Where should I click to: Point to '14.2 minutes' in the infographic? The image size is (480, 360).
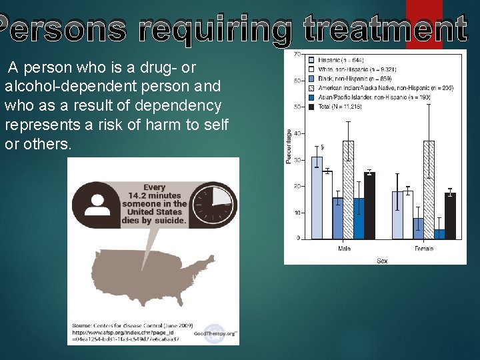[155, 196]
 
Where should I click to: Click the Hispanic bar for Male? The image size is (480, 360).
[317, 197]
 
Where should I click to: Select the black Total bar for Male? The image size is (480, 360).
[369, 205]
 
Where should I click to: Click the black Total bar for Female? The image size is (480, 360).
[450, 215]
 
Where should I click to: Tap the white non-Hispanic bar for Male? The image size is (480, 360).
[327, 205]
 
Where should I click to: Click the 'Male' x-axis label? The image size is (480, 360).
[344, 249]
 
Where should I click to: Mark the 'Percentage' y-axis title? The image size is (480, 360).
[289, 146]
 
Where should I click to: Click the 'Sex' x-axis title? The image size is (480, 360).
[382, 260]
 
